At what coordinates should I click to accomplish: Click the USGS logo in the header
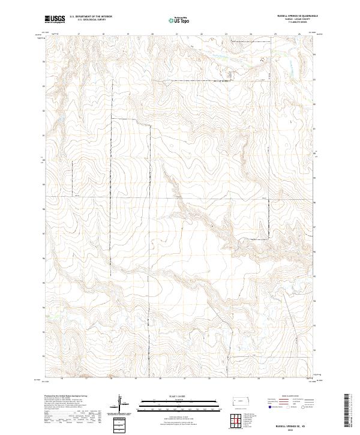pyautogui.click(x=54, y=19)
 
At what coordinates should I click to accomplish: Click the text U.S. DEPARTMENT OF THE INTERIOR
pyautogui.click(x=91, y=16)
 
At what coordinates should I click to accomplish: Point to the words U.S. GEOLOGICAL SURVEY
pyautogui.click(x=91, y=19)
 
